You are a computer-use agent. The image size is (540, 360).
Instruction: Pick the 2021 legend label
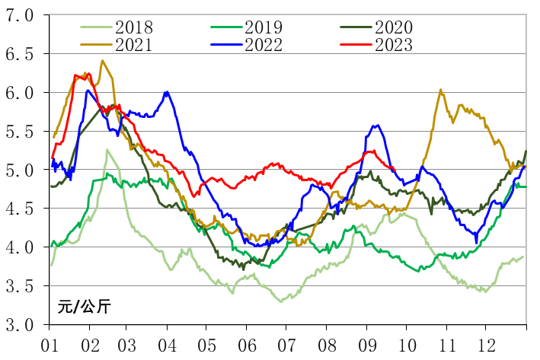pos(135,45)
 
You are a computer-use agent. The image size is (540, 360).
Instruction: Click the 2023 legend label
pos(394,45)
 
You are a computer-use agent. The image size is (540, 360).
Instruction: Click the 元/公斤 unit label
pos(84,307)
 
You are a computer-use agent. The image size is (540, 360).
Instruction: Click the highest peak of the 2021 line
pos(102,61)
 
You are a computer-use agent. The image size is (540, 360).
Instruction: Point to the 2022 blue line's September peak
pos(375,126)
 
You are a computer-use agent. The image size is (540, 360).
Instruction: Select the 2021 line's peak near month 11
pos(441,90)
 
